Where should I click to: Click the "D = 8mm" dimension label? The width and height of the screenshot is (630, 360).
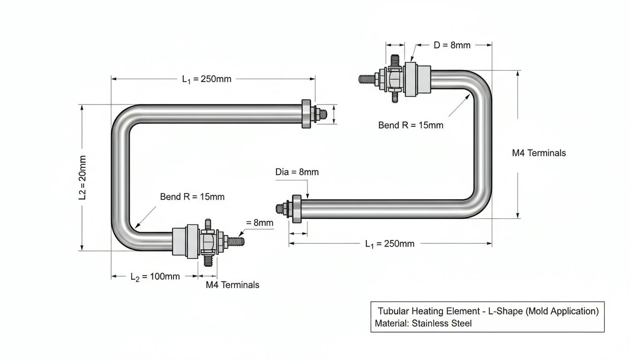(452, 45)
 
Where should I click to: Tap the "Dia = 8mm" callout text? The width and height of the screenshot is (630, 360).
(297, 172)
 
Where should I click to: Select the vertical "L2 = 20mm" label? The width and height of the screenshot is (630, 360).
(82, 178)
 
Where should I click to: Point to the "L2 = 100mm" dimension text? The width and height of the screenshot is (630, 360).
(155, 277)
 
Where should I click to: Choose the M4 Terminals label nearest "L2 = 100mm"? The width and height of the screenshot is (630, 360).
(232, 285)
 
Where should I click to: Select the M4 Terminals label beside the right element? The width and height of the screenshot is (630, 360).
(539, 153)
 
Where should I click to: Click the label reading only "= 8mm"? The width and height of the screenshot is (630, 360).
(260, 223)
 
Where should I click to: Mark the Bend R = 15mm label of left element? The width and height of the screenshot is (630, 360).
(192, 196)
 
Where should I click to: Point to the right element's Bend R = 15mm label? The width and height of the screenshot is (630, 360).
(411, 125)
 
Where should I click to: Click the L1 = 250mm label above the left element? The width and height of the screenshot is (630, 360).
(207, 79)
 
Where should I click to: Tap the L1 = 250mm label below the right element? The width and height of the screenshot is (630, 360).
(390, 244)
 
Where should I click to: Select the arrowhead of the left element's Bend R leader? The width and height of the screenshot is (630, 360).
(137, 226)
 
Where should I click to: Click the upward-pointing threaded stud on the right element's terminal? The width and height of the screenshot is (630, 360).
(395, 60)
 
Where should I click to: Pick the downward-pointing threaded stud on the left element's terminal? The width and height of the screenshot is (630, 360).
(208, 261)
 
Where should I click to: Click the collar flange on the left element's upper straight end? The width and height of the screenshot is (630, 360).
(306, 114)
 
